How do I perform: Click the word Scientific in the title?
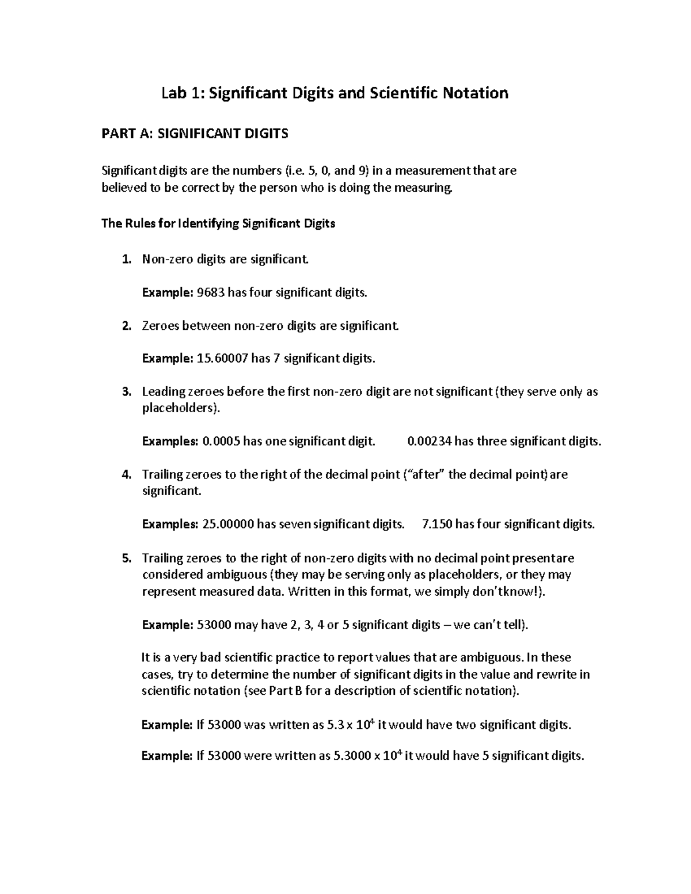[x=401, y=93]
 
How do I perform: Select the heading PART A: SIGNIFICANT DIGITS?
[x=195, y=134]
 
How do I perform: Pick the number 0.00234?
[x=430, y=442]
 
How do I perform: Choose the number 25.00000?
[x=228, y=524]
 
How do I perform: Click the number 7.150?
[x=437, y=524]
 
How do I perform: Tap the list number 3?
[x=127, y=392]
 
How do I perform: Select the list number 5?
[x=127, y=558]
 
